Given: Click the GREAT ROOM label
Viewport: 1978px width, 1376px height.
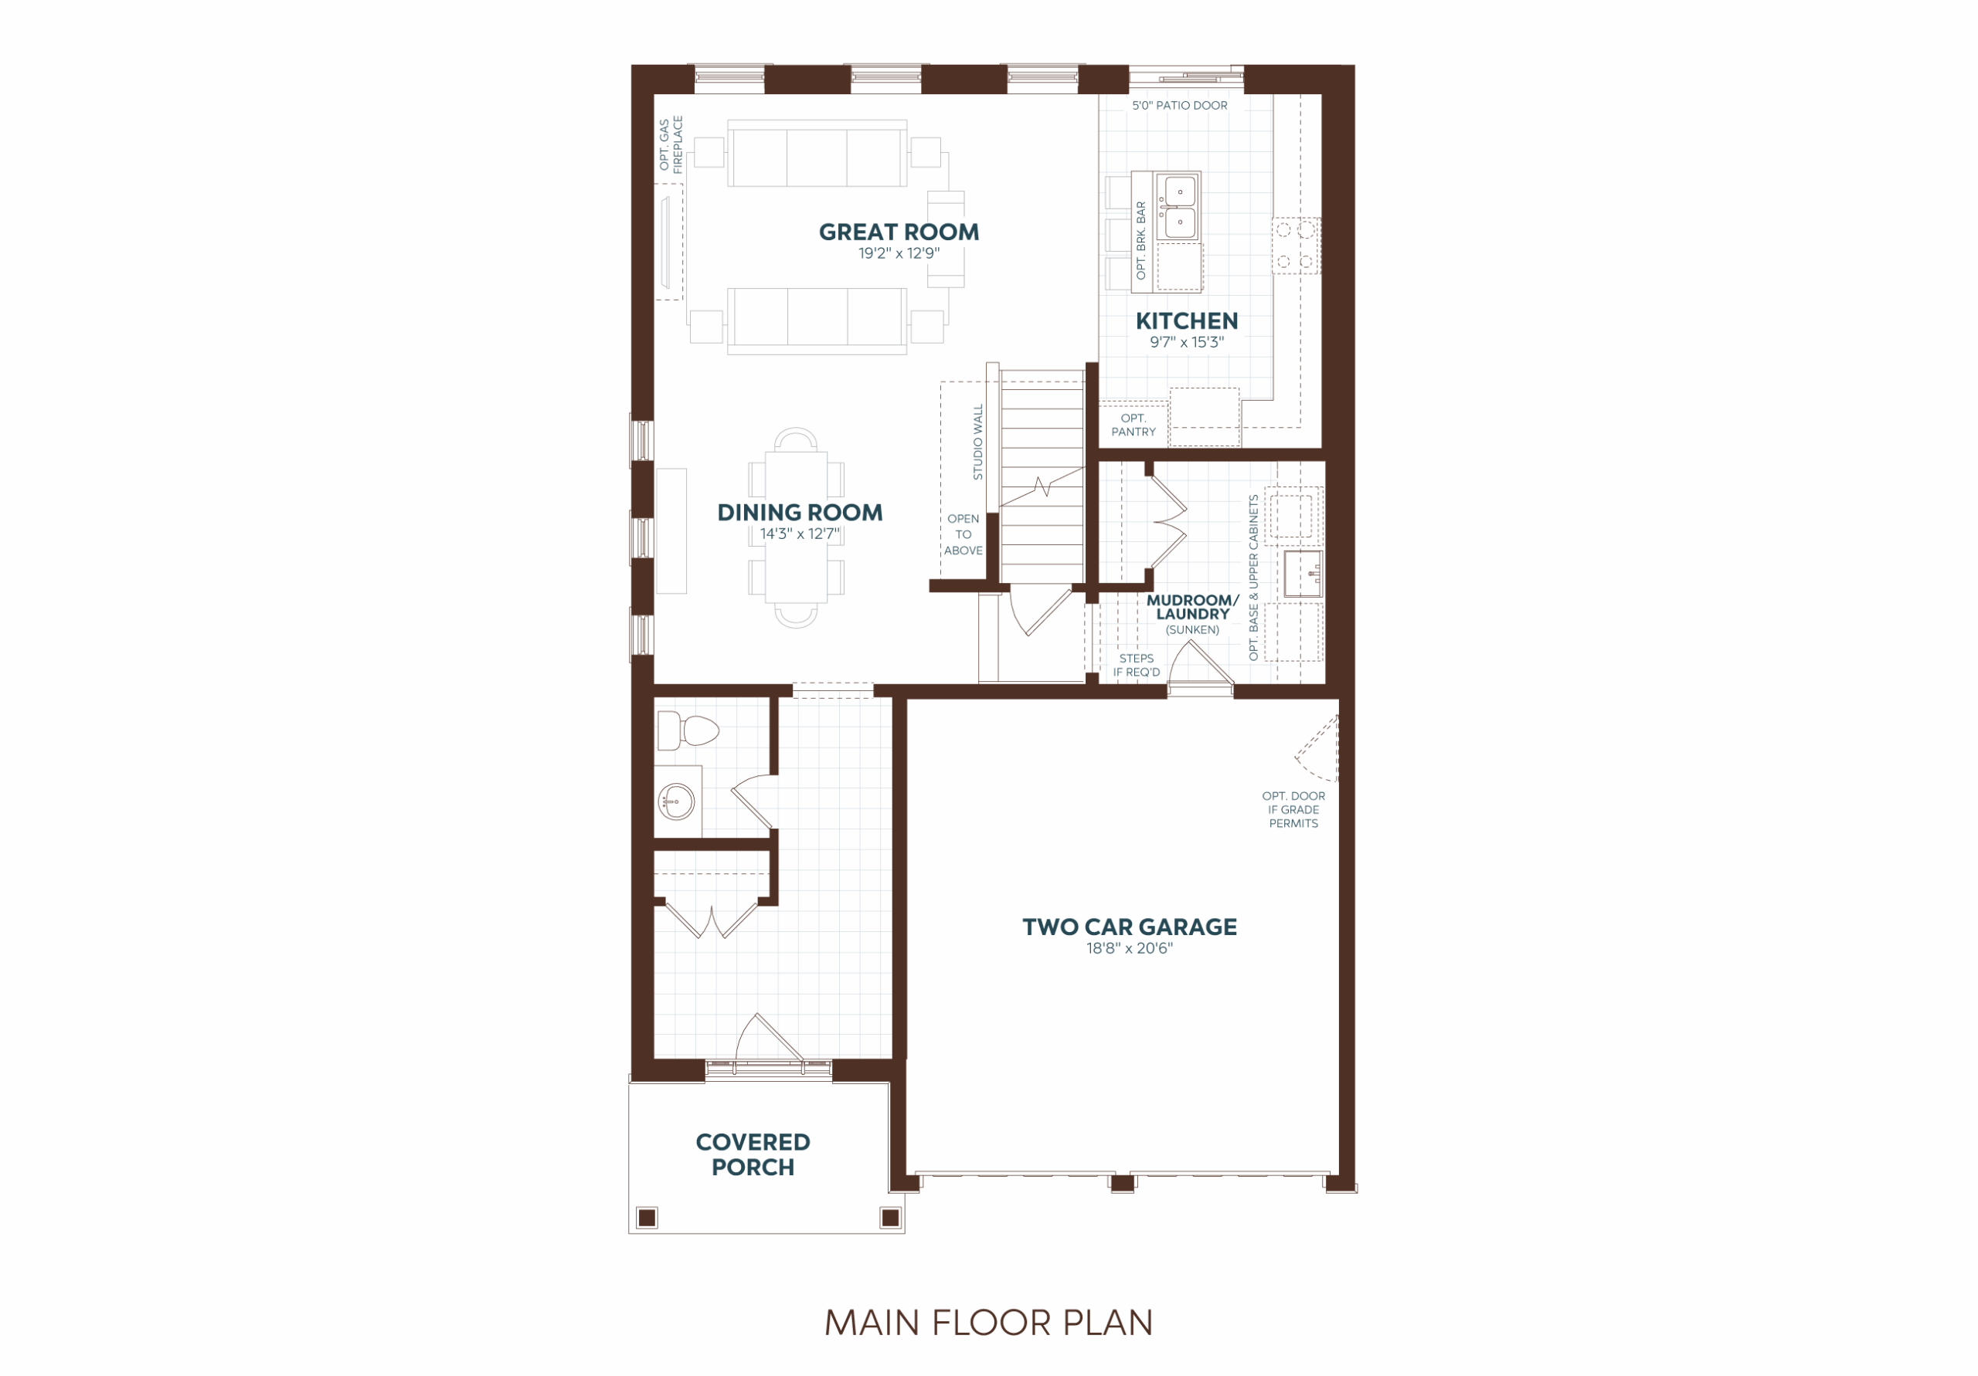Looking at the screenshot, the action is pyautogui.click(x=899, y=232).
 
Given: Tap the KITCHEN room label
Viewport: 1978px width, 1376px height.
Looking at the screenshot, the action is pyautogui.click(x=1186, y=320).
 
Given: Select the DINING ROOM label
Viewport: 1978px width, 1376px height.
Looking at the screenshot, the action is pyautogui.click(x=800, y=513).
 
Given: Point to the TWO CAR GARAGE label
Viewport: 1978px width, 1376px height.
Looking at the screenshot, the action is pyautogui.click(x=1130, y=927).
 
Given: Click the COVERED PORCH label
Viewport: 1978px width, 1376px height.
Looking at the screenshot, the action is pyautogui.click(x=753, y=1154).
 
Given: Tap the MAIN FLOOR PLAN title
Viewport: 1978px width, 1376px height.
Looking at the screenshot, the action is pyautogui.click(x=988, y=1323).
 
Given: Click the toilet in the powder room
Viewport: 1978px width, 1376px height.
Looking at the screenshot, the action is pyautogui.click(x=688, y=732).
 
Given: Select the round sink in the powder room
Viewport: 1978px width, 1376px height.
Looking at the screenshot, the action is pyautogui.click(x=676, y=802).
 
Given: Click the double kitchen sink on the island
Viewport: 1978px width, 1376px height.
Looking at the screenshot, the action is pyautogui.click(x=1176, y=207).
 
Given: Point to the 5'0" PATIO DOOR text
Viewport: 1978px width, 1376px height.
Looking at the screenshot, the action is pyautogui.click(x=1179, y=105).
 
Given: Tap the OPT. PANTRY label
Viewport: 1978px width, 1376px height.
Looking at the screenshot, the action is pyautogui.click(x=1133, y=425).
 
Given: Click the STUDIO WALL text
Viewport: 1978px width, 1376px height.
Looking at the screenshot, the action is pyautogui.click(x=978, y=442).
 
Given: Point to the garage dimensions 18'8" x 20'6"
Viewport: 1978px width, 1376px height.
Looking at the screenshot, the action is pyautogui.click(x=1130, y=949).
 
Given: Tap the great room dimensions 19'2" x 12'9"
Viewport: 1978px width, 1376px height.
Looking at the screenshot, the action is pyautogui.click(x=899, y=253).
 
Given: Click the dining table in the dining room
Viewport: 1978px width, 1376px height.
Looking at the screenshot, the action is pyautogui.click(x=796, y=527).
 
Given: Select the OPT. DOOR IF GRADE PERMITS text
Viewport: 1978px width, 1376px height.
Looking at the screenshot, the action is pyautogui.click(x=1293, y=809).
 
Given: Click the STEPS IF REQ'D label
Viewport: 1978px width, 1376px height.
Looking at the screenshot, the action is pyautogui.click(x=1137, y=666).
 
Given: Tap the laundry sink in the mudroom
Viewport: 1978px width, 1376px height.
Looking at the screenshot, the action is pyautogui.click(x=1303, y=574).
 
